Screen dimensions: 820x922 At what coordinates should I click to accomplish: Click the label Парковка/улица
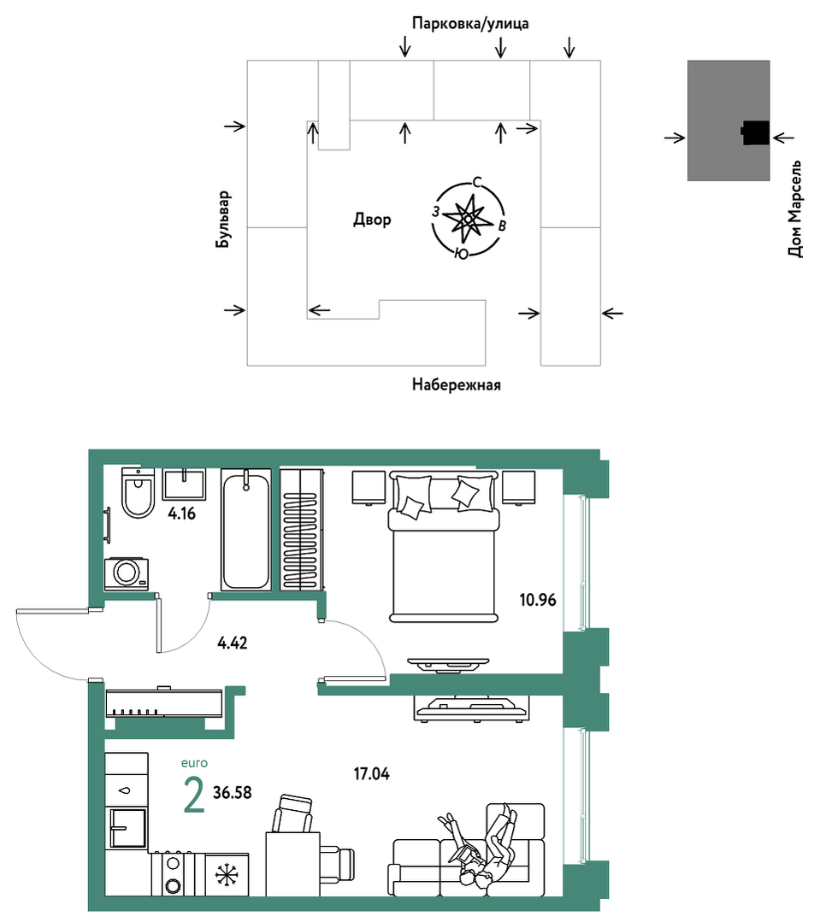click(470, 24)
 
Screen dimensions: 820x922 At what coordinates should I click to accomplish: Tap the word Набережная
click(456, 385)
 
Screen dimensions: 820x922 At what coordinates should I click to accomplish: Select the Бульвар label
click(223, 220)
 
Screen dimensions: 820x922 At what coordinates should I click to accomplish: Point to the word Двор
click(372, 220)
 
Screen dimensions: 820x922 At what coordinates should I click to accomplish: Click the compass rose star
click(468, 219)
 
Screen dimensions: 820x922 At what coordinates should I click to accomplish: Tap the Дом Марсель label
click(794, 208)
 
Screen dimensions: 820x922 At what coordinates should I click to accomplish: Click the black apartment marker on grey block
click(755, 133)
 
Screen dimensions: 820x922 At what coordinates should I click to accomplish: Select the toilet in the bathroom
click(139, 493)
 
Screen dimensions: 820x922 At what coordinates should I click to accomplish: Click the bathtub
click(246, 529)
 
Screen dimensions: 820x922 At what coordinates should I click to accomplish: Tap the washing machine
click(126, 573)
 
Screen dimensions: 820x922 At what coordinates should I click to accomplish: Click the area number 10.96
click(538, 600)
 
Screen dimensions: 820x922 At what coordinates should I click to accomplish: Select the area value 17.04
click(372, 774)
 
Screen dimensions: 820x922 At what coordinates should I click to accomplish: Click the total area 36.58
click(233, 793)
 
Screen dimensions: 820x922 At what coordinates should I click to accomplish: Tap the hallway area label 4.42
click(233, 643)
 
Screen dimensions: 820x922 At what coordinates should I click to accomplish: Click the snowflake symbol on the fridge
click(227, 874)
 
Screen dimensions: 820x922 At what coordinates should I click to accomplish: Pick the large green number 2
click(194, 795)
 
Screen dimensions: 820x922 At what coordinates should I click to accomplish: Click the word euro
click(194, 763)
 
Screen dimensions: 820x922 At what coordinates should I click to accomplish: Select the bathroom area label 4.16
click(182, 514)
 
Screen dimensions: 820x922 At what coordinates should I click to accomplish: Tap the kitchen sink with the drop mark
click(126, 790)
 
